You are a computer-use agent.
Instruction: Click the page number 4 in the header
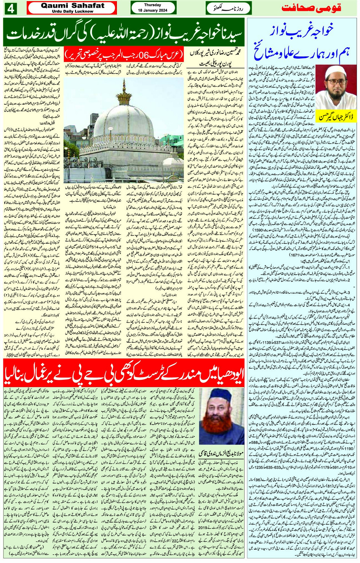point(10,8)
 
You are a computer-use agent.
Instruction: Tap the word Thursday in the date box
point(152,5)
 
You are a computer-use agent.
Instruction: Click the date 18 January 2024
point(152,10)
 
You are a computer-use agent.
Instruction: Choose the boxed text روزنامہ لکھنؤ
point(224,8)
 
